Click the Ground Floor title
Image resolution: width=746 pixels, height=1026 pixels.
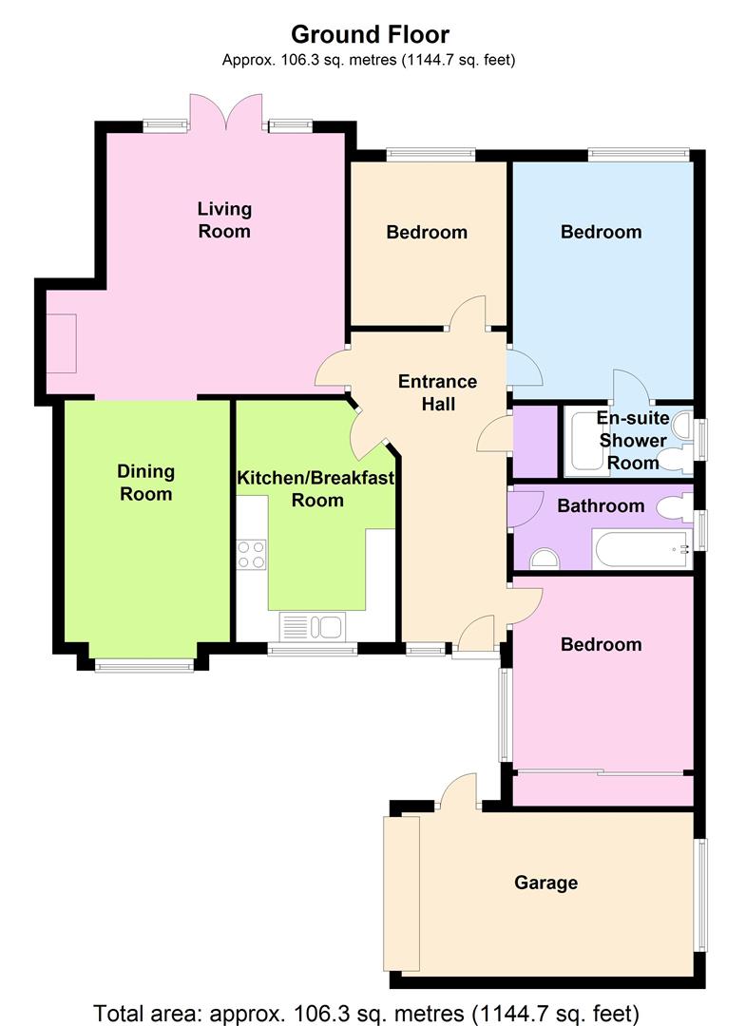371,34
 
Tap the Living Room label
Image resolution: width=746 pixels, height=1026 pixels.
224,219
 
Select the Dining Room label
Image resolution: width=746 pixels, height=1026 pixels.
146,483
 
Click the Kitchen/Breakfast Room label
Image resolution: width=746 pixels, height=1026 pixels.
316,489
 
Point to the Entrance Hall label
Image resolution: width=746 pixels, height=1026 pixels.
438,392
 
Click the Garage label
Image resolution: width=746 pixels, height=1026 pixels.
545,883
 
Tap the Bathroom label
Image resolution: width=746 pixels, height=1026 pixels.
601,505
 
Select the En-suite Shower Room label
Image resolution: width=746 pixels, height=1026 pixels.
633,441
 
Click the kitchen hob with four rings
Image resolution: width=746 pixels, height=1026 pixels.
251,554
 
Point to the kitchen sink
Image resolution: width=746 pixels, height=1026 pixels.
312,626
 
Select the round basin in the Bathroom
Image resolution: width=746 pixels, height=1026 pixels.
545,559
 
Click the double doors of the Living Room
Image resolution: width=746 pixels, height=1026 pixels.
226,111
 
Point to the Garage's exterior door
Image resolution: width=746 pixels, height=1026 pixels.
459,791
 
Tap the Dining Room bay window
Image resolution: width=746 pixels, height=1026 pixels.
143,666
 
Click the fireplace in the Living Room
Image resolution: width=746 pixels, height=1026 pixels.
62,344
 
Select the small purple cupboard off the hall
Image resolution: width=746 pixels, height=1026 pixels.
535,443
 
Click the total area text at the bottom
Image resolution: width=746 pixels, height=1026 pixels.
367,1014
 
